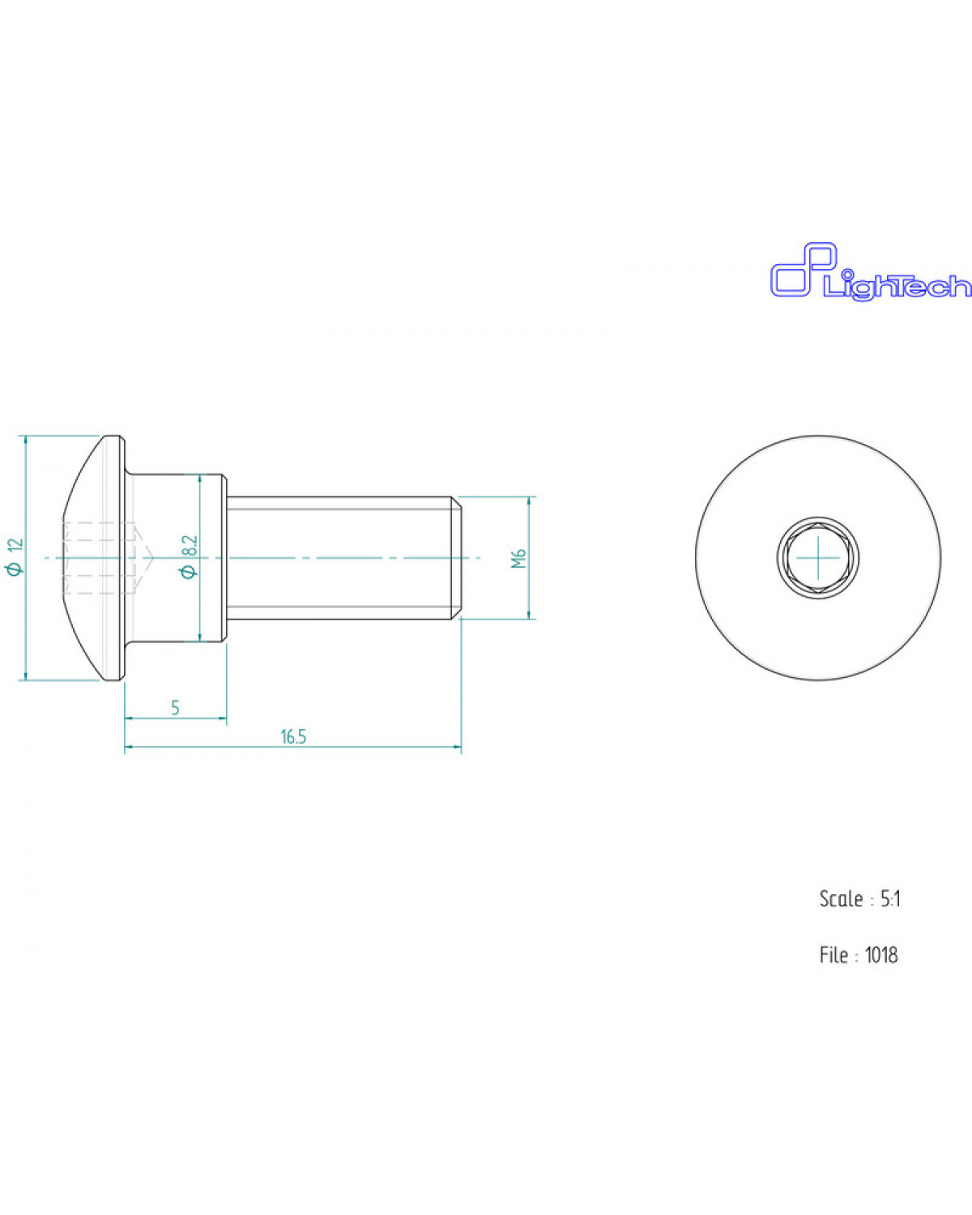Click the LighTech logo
click(871, 272)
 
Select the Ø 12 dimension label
click(16, 556)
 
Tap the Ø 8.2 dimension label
click(190, 556)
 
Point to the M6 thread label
click(518, 558)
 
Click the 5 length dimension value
click(175, 707)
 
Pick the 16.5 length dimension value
click(293, 737)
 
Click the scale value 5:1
click(891, 899)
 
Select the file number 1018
click(881, 955)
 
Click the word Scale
click(841, 899)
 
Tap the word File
click(833, 955)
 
